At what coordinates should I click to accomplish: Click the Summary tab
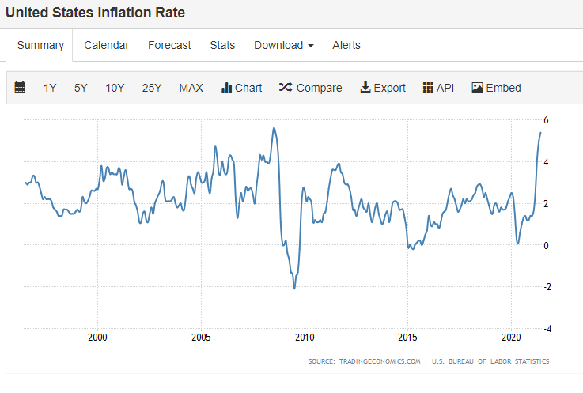40,45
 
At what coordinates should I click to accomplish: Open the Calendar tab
106,45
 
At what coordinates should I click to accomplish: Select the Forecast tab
169,45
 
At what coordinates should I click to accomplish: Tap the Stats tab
222,45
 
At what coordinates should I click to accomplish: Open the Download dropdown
284,45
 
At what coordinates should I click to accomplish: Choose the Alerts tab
346,45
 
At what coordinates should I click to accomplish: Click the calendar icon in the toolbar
20,87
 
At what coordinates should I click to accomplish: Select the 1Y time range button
50,88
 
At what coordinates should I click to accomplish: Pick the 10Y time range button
115,88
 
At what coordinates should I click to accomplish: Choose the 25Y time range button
152,88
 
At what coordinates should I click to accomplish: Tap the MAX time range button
191,88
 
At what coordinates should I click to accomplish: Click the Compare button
310,88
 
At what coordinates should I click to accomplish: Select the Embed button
496,88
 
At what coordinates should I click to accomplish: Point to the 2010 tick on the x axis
305,337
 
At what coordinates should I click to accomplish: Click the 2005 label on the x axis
201,337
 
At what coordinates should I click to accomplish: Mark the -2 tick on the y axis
547,287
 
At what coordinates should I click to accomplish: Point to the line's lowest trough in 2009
294,288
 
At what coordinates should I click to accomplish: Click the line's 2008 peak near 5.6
274,128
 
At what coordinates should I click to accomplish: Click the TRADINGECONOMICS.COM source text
380,361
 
